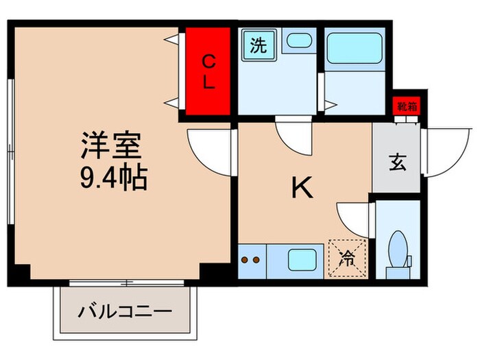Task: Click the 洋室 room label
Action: click(x=111, y=146)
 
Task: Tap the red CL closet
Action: click(x=209, y=72)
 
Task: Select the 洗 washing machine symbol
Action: click(x=257, y=47)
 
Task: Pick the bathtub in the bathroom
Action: click(x=355, y=49)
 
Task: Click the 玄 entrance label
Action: click(x=396, y=163)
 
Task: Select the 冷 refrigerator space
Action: click(x=347, y=259)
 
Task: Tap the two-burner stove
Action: click(x=250, y=261)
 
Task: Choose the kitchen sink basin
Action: click(x=300, y=261)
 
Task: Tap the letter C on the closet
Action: click(x=209, y=62)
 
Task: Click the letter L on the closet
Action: click(x=209, y=84)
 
